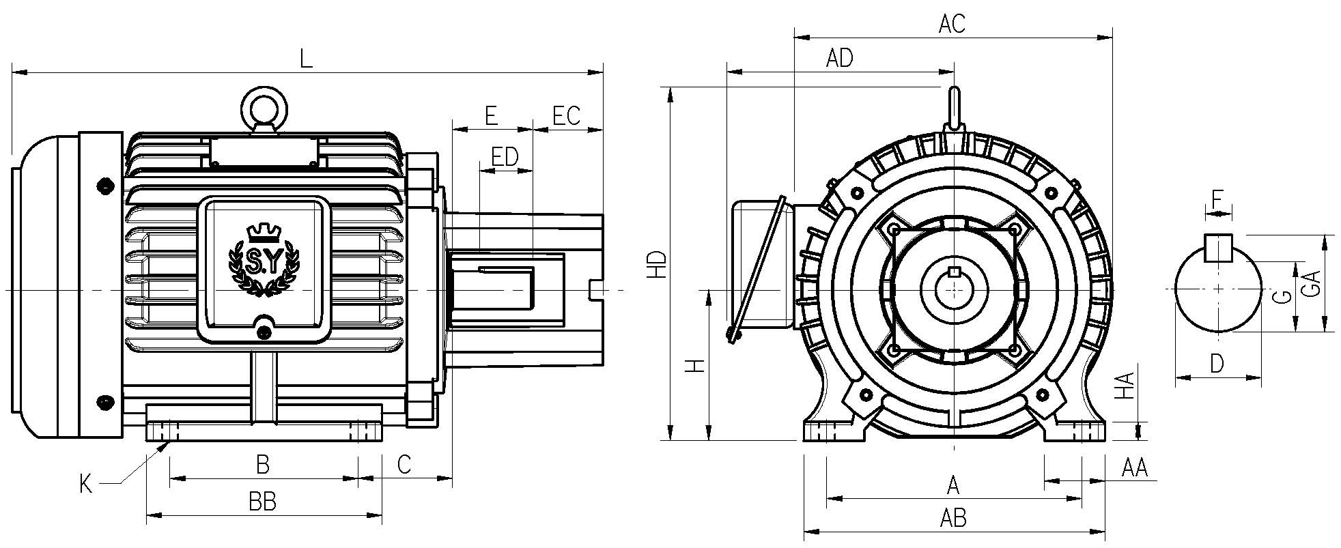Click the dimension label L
[307, 58]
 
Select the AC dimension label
[952, 24]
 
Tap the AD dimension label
[839, 58]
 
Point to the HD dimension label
[657, 264]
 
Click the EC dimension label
[566, 116]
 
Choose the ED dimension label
[505, 157]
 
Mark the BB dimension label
[262, 503]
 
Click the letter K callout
[86, 485]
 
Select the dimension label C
[404, 465]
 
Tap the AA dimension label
[1135, 468]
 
